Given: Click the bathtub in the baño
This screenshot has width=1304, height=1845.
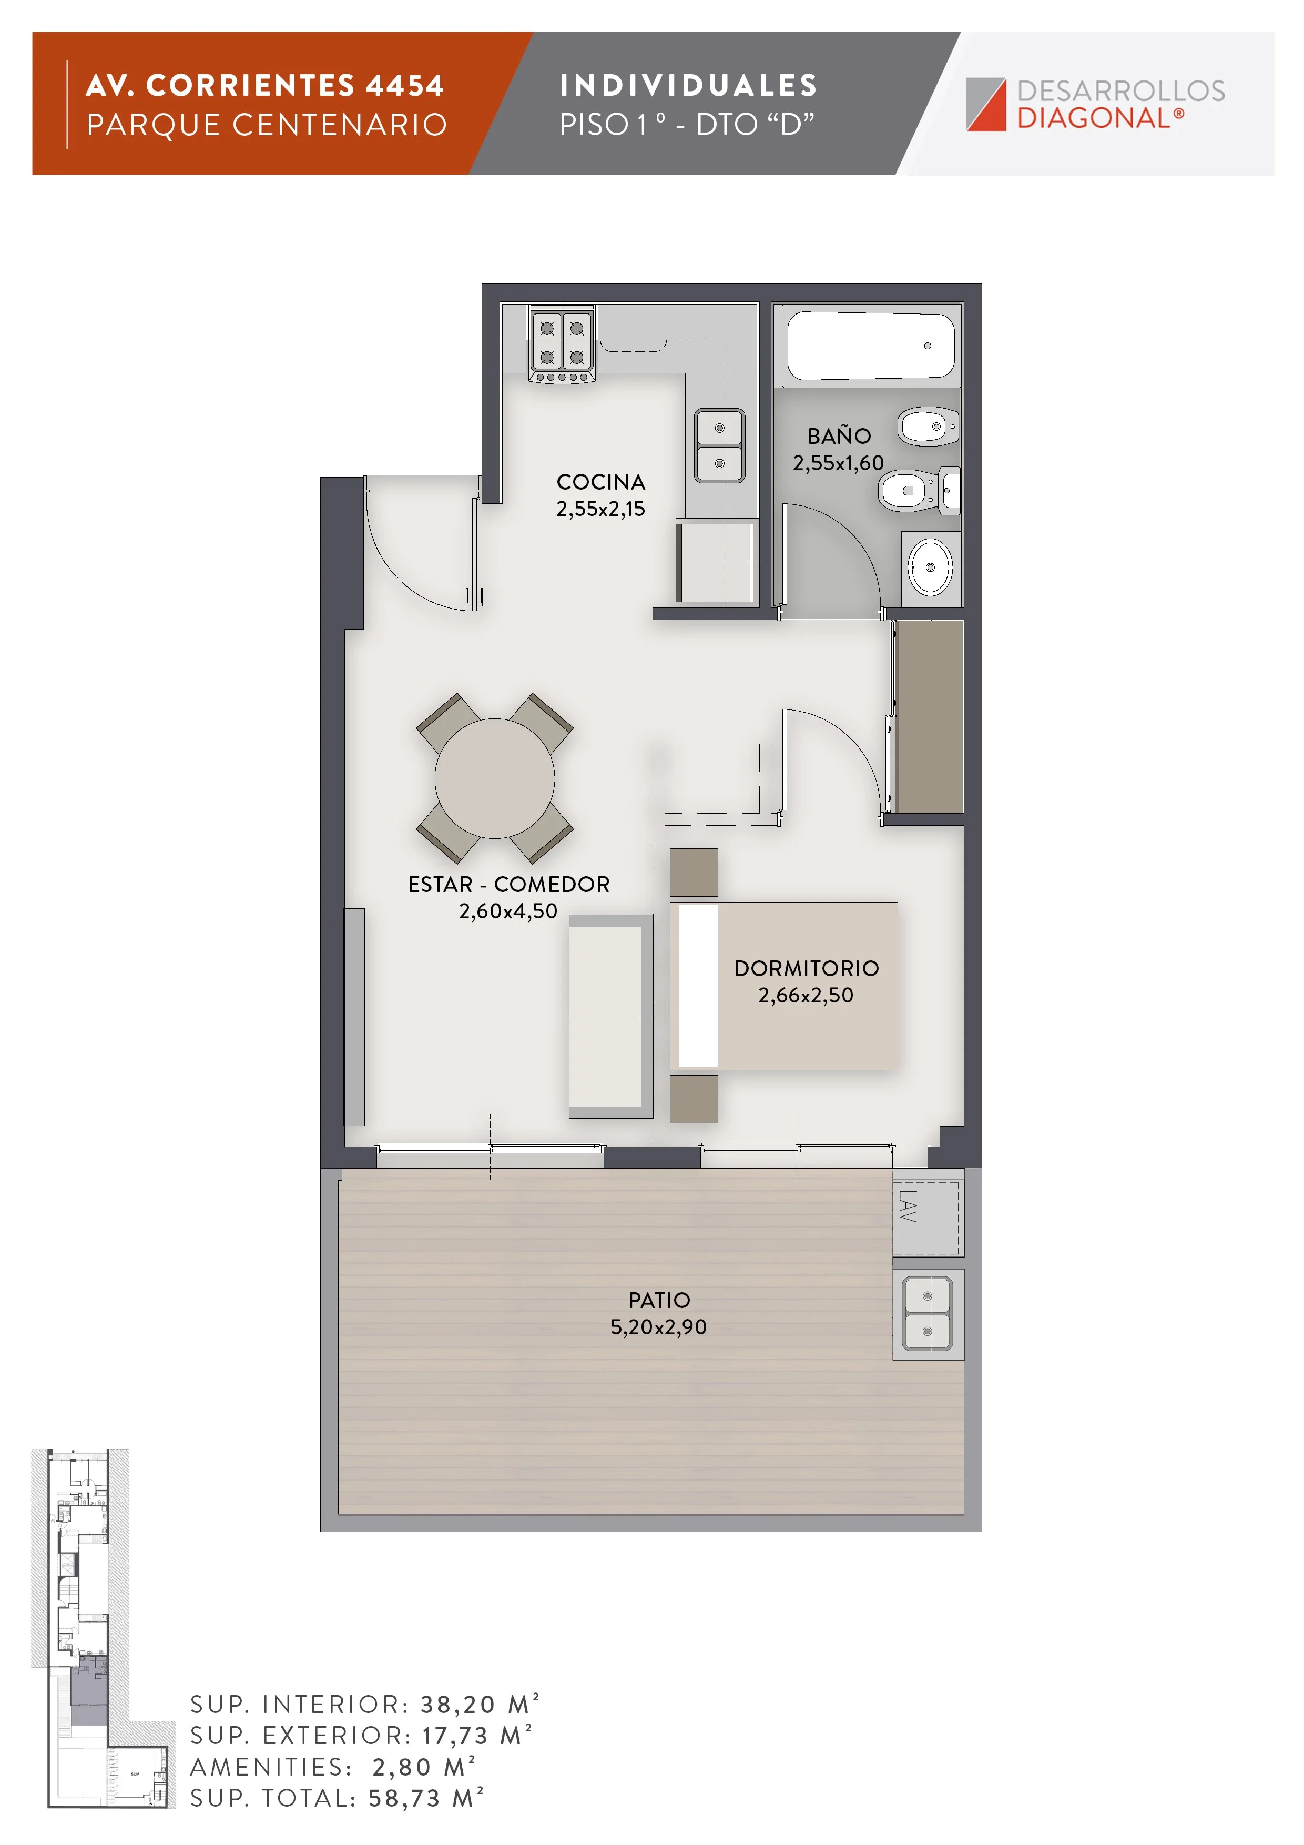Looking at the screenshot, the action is pos(870,346).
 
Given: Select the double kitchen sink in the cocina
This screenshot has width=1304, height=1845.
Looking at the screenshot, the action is pos(719,446).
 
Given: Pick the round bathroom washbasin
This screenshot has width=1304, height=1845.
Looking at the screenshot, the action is pos(930,567).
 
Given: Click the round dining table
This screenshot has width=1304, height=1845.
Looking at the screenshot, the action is pos(495,778).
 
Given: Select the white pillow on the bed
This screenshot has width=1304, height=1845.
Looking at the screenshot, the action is pos(698,986).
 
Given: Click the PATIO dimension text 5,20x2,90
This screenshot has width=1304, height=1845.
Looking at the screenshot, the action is pos(659,1327).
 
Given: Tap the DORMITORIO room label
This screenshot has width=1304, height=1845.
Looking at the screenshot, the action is pos(807,968).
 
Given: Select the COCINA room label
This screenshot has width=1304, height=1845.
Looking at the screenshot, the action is pos(601,482).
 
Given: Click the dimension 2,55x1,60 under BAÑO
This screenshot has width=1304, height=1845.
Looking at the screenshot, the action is pos(838,463).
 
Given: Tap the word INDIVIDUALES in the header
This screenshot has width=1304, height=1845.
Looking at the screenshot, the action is pos(689,85).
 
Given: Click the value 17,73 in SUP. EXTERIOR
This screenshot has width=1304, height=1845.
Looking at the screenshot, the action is pos(455,1736).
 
